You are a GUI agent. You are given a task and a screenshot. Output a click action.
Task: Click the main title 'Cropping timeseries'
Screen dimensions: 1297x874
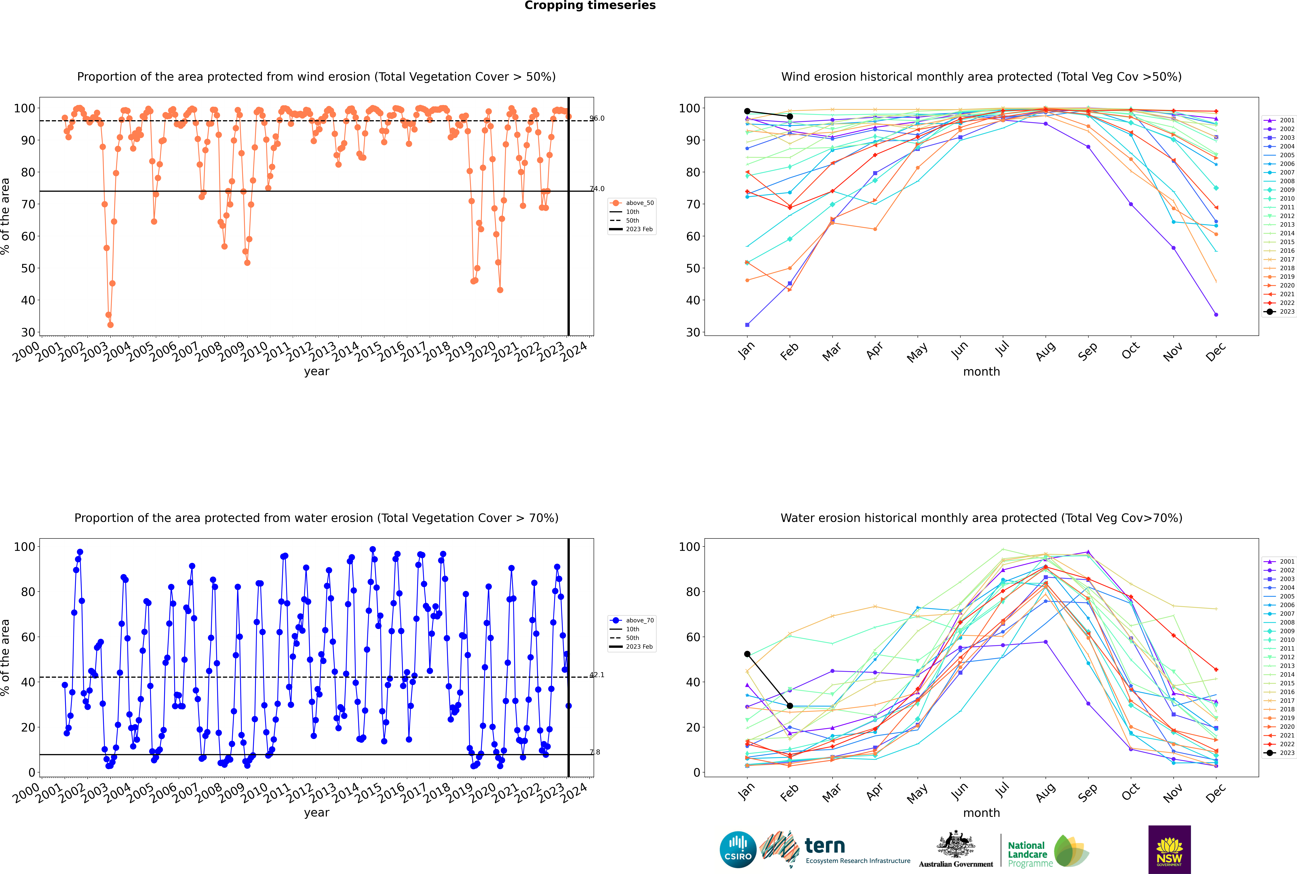(590, 6)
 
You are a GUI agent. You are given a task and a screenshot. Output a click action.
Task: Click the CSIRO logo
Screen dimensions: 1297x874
(738, 850)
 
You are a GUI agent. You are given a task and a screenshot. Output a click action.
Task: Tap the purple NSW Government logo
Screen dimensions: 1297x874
(1169, 850)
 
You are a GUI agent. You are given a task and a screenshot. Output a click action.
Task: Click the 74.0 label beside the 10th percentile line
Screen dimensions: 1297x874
(597, 188)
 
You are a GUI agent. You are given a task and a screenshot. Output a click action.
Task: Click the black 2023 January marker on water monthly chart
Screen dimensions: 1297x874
(747, 654)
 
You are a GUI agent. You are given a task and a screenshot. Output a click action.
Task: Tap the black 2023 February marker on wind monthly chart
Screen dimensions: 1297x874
(790, 116)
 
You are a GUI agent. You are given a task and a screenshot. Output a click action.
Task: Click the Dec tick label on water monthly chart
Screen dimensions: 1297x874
(1216, 792)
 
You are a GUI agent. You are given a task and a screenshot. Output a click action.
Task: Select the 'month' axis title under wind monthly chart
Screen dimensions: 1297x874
(981, 372)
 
